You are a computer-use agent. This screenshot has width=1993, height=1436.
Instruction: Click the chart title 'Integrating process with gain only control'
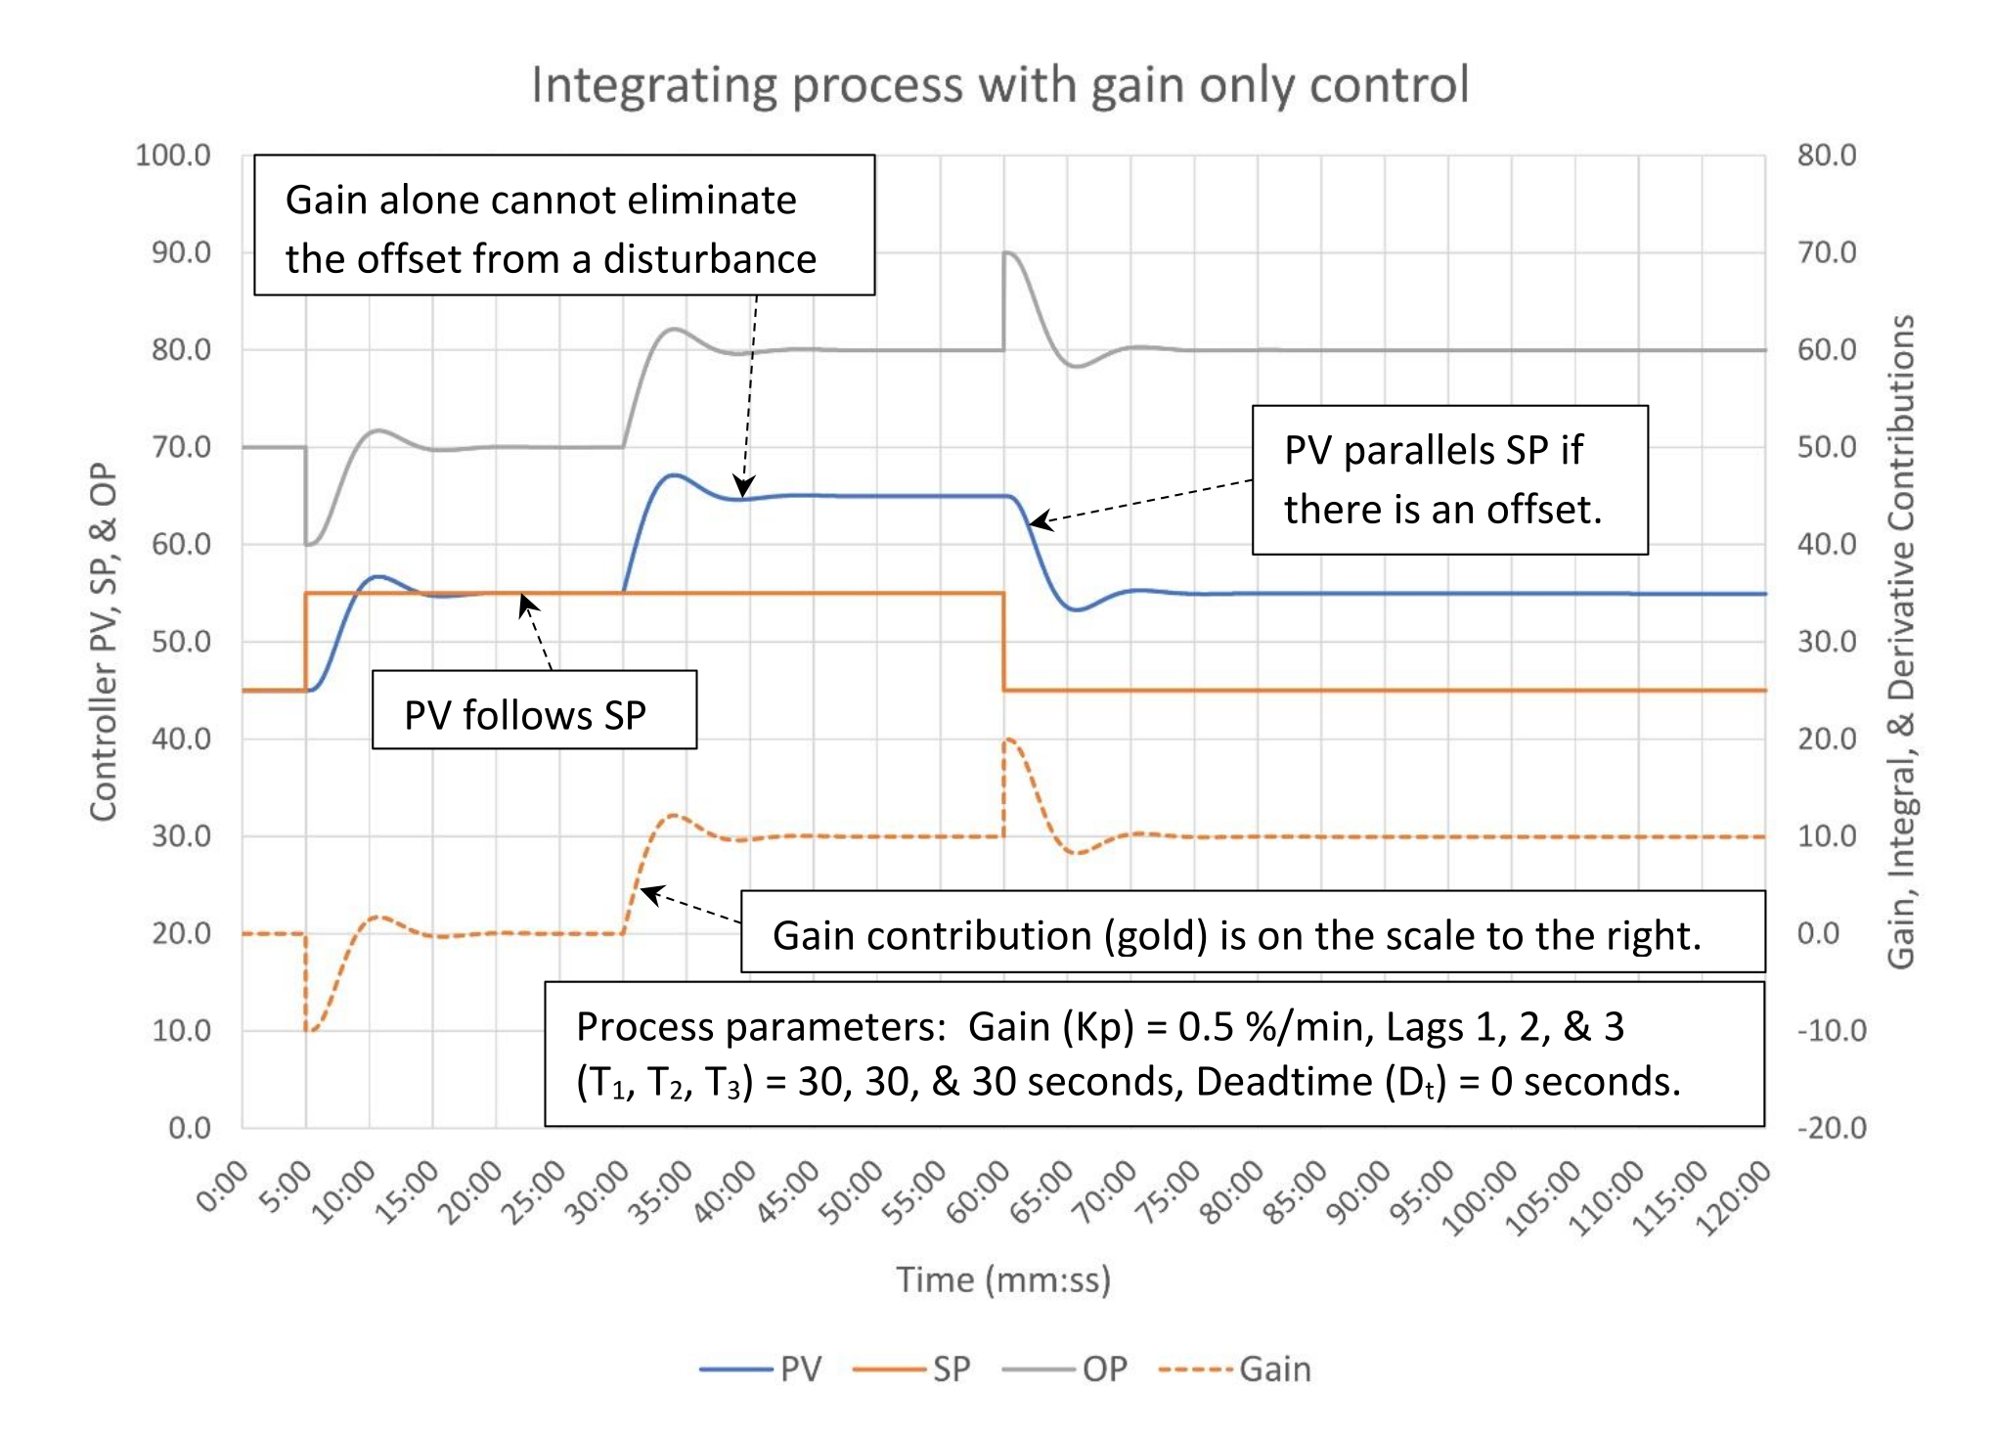tap(999, 85)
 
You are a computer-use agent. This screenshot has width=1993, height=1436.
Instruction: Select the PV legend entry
tap(763, 1369)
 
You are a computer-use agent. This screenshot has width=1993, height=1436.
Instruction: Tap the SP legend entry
tap(913, 1369)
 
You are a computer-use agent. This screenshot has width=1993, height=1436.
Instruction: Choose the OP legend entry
tap(1067, 1369)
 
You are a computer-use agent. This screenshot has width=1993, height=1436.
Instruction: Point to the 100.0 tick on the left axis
tap(173, 156)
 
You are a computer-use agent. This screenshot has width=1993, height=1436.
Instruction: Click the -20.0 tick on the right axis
tap(1831, 1128)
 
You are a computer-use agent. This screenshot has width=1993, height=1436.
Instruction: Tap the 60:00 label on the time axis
tap(978, 1192)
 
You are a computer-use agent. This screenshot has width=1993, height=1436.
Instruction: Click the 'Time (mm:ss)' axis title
tap(1003, 1279)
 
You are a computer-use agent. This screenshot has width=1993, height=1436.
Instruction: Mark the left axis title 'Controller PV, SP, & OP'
tap(104, 642)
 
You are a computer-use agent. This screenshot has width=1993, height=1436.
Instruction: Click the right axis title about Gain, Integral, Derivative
tap(1901, 642)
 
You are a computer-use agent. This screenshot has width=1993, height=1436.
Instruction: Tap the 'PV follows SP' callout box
tap(534, 710)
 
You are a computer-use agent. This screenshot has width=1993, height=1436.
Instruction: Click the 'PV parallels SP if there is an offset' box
tap(1449, 480)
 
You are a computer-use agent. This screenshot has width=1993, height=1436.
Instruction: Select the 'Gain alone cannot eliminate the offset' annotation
tap(564, 226)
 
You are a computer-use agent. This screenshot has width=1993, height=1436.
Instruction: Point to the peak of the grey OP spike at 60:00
tap(1007, 253)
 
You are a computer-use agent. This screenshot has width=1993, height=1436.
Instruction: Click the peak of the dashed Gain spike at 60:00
tap(1008, 740)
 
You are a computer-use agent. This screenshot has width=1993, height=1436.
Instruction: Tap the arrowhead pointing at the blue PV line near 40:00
tap(744, 488)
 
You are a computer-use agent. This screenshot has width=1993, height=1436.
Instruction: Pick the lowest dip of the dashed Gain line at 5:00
tap(309, 1030)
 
